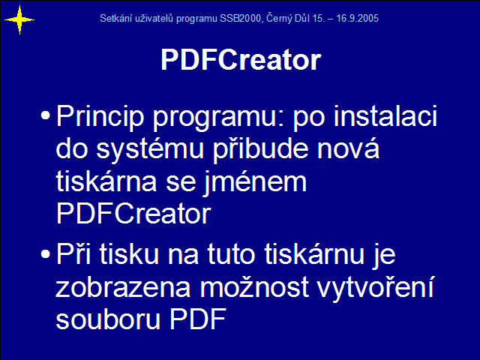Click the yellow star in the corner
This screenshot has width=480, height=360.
[19, 20]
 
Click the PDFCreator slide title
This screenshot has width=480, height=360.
[241, 60]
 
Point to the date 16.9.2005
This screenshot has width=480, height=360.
[357, 18]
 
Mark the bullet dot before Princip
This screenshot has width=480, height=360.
[45, 115]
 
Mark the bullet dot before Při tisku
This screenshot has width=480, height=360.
[45, 253]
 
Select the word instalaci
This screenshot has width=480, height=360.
[385, 115]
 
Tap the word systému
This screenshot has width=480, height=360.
[150, 150]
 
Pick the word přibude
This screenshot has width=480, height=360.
[260, 150]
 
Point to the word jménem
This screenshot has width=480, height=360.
[255, 183]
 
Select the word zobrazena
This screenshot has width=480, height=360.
[123, 287]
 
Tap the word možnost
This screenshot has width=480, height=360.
[254, 287]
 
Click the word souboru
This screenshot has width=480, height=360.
[108, 319]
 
